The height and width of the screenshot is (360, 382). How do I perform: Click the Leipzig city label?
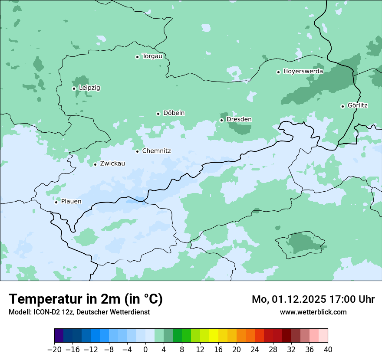[89, 88]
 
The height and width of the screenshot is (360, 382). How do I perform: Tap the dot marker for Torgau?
[137, 57]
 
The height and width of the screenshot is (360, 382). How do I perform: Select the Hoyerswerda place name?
[303, 72]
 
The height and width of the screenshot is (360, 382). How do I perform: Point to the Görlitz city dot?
[342, 106]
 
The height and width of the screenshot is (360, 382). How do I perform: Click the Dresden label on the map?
[239, 120]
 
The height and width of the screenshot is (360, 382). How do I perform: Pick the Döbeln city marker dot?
[158, 114]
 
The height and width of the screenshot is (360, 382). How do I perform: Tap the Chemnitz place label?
[156, 151]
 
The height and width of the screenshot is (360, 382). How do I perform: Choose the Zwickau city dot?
[95, 164]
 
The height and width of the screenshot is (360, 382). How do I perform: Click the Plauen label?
[71, 202]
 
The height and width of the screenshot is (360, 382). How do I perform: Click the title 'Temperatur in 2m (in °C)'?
[86, 299]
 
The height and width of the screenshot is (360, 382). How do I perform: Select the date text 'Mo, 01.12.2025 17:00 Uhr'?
[313, 299]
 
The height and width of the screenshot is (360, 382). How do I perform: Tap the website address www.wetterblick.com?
[313, 312]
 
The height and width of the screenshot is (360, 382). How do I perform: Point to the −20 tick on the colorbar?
[55, 350]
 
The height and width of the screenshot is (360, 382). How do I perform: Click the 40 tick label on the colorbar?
[328, 350]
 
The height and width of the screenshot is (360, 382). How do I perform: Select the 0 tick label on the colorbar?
[145, 350]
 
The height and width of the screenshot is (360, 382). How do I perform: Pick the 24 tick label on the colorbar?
[255, 350]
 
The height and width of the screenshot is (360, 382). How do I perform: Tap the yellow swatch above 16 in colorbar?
[214, 336]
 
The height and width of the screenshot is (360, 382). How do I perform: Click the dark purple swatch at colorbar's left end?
[59, 336]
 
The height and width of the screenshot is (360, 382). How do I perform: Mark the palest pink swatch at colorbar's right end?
[323, 336]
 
